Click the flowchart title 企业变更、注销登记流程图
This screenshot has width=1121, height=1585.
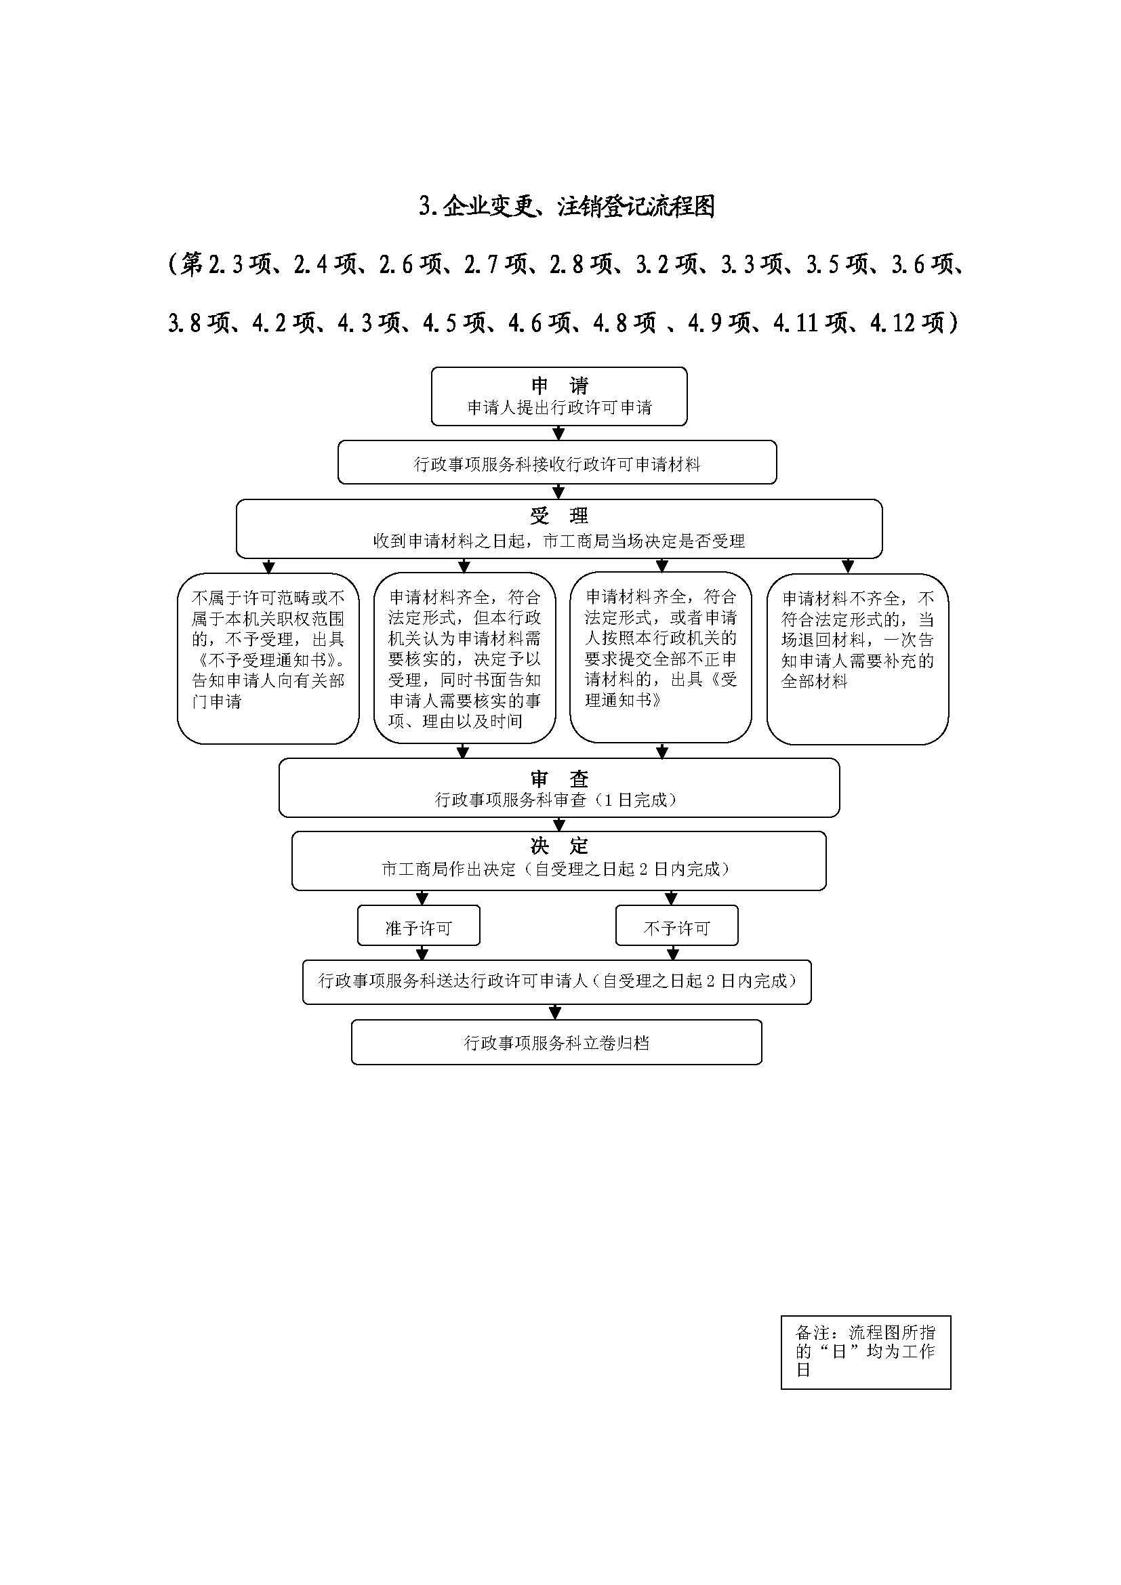[x=566, y=207]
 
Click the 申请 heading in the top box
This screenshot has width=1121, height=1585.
[x=559, y=385]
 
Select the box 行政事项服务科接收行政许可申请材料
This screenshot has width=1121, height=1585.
[x=557, y=464]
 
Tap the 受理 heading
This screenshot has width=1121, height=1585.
[x=559, y=516]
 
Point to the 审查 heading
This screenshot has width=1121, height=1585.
[x=559, y=779]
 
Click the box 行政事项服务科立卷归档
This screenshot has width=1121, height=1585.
[x=556, y=1043]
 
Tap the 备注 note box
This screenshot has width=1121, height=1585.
[x=865, y=1351]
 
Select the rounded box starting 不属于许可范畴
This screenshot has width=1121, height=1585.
[x=268, y=659]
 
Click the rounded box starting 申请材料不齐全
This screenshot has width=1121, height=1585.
[x=857, y=659]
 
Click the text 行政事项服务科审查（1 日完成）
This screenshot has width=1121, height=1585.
[x=556, y=800]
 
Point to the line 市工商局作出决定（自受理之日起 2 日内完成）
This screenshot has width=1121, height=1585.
[x=556, y=869]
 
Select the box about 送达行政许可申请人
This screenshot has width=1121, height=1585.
[x=556, y=981]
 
